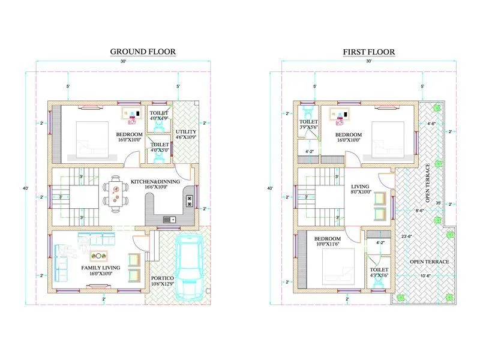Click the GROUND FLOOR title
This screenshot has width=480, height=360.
[x=143, y=52]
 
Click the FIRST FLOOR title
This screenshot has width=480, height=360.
[x=368, y=52]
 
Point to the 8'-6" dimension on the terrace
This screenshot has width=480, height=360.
[x=421, y=210]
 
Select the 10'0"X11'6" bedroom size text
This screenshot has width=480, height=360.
[x=328, y=244]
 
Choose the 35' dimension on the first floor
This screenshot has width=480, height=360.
[x=439, y=203]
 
